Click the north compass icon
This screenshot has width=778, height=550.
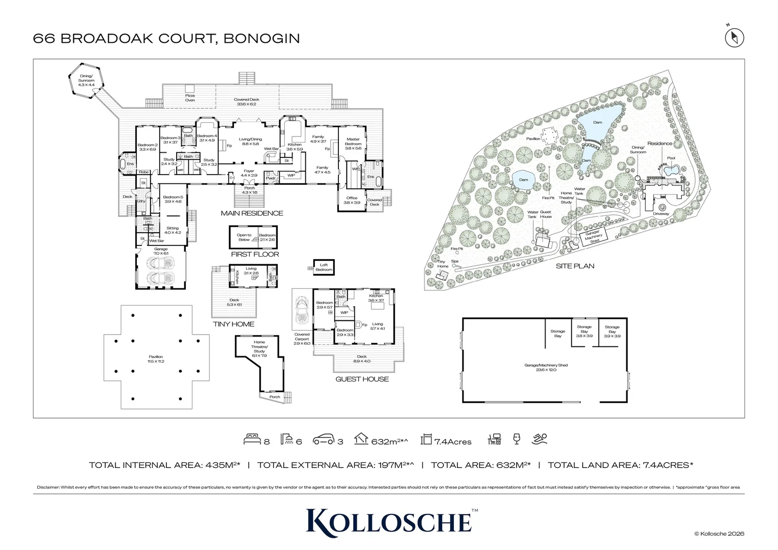[x=734, y=37]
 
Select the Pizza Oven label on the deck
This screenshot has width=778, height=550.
[x=190, y=98]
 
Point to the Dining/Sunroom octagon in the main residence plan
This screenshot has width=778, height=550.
[x=86, y=80]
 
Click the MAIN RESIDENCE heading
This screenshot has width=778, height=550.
[x=252, y=213]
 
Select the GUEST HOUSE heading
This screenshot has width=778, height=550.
[x=362, y=379]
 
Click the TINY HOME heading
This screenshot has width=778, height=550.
[x=234, y=324]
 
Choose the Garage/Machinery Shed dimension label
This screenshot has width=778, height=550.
[x=545, y=367]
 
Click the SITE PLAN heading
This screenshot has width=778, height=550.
[x=574, y=266]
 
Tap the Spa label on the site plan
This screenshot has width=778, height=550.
[x=454, y=261]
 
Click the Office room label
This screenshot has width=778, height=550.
[x=352, y=200]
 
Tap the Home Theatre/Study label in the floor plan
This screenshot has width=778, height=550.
[x=260, y=346]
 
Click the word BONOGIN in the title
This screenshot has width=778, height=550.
[x=262, y=38]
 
